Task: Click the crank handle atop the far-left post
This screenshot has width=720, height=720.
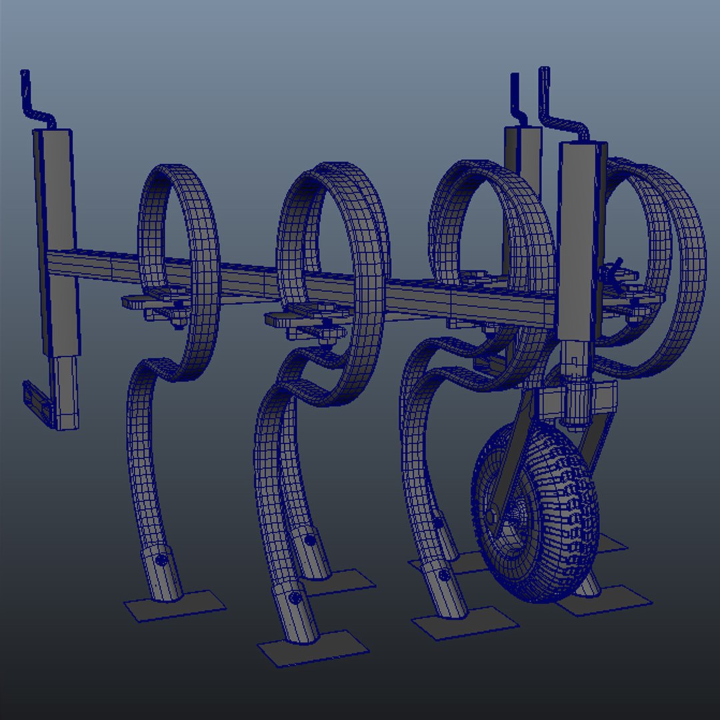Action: tap(33, 100)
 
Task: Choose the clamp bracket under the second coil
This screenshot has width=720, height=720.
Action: tap(300, 320)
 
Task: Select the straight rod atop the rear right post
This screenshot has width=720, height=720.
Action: tap(515, 100)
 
